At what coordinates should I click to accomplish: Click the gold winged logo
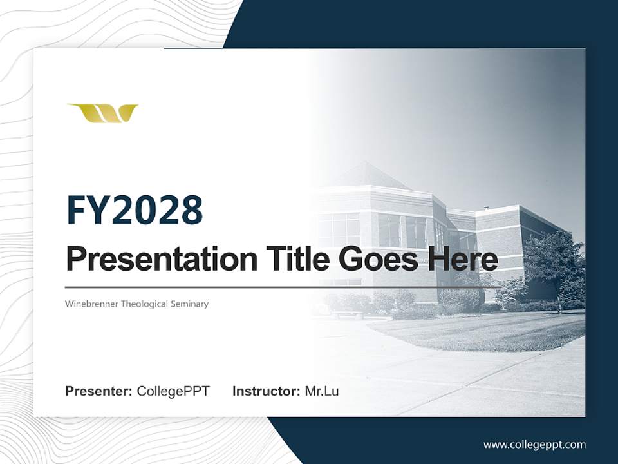pos(102,113)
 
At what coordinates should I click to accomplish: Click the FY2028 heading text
pos(135,210)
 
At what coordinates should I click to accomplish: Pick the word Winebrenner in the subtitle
pos(92,304)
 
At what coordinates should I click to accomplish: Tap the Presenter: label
pos(99,391)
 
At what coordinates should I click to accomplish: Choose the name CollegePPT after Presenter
pos(173,391)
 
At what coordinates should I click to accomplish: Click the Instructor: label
pos(266,391)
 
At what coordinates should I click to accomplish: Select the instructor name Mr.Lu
pos(321,391)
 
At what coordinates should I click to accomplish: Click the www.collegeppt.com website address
pos(534,444)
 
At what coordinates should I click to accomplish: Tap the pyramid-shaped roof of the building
pos(370,175)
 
